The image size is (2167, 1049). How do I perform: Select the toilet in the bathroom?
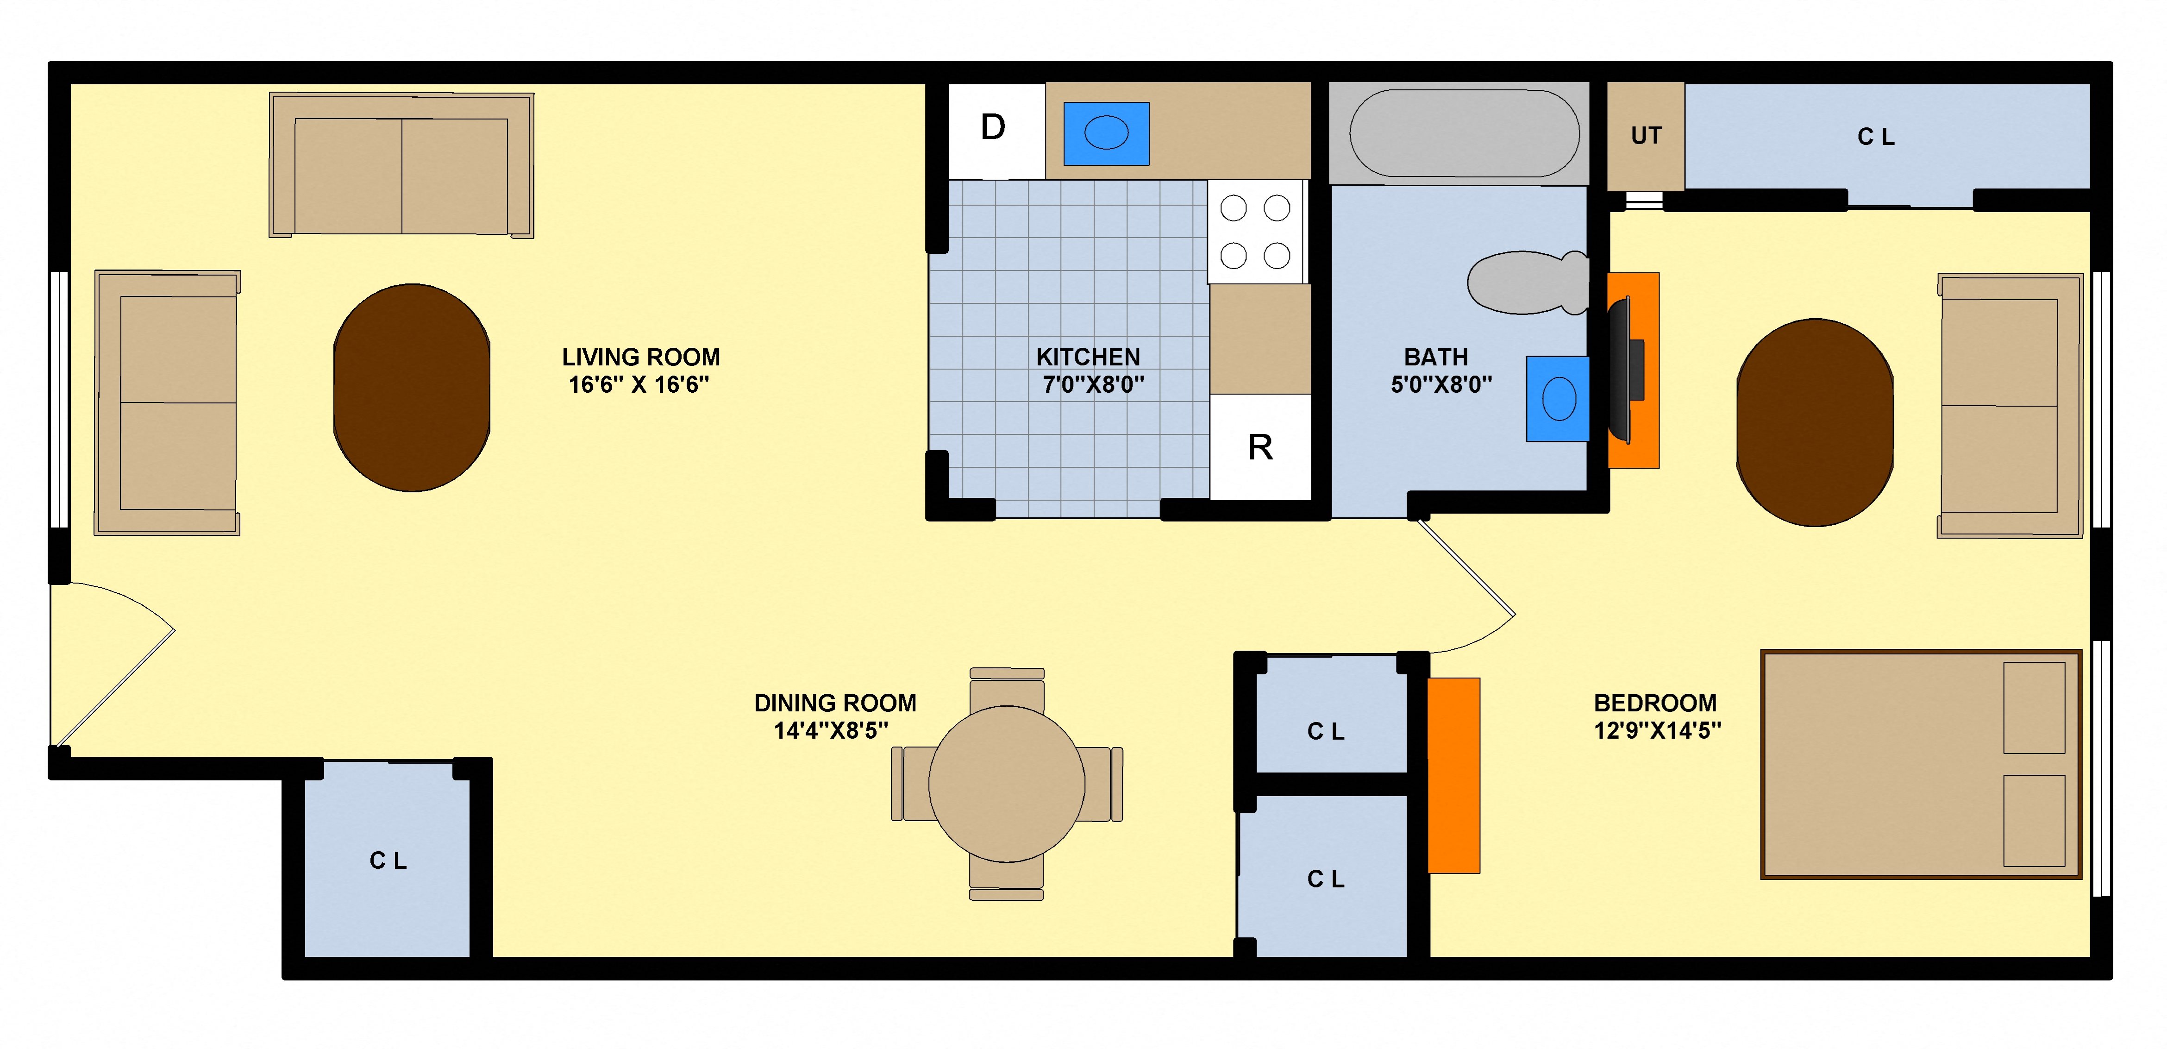pyautogui.click(x=1526, y=283)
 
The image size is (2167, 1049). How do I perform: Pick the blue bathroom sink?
pyautogui.click(x=1558, y=399)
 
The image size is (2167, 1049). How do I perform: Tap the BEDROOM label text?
pyautogui.click(x=1655, y=703)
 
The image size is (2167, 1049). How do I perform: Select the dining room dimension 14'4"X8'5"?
pyautogui.click(x=831, y=731)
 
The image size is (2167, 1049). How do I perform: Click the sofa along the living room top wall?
pyautogui.click(x=401, y=166)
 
